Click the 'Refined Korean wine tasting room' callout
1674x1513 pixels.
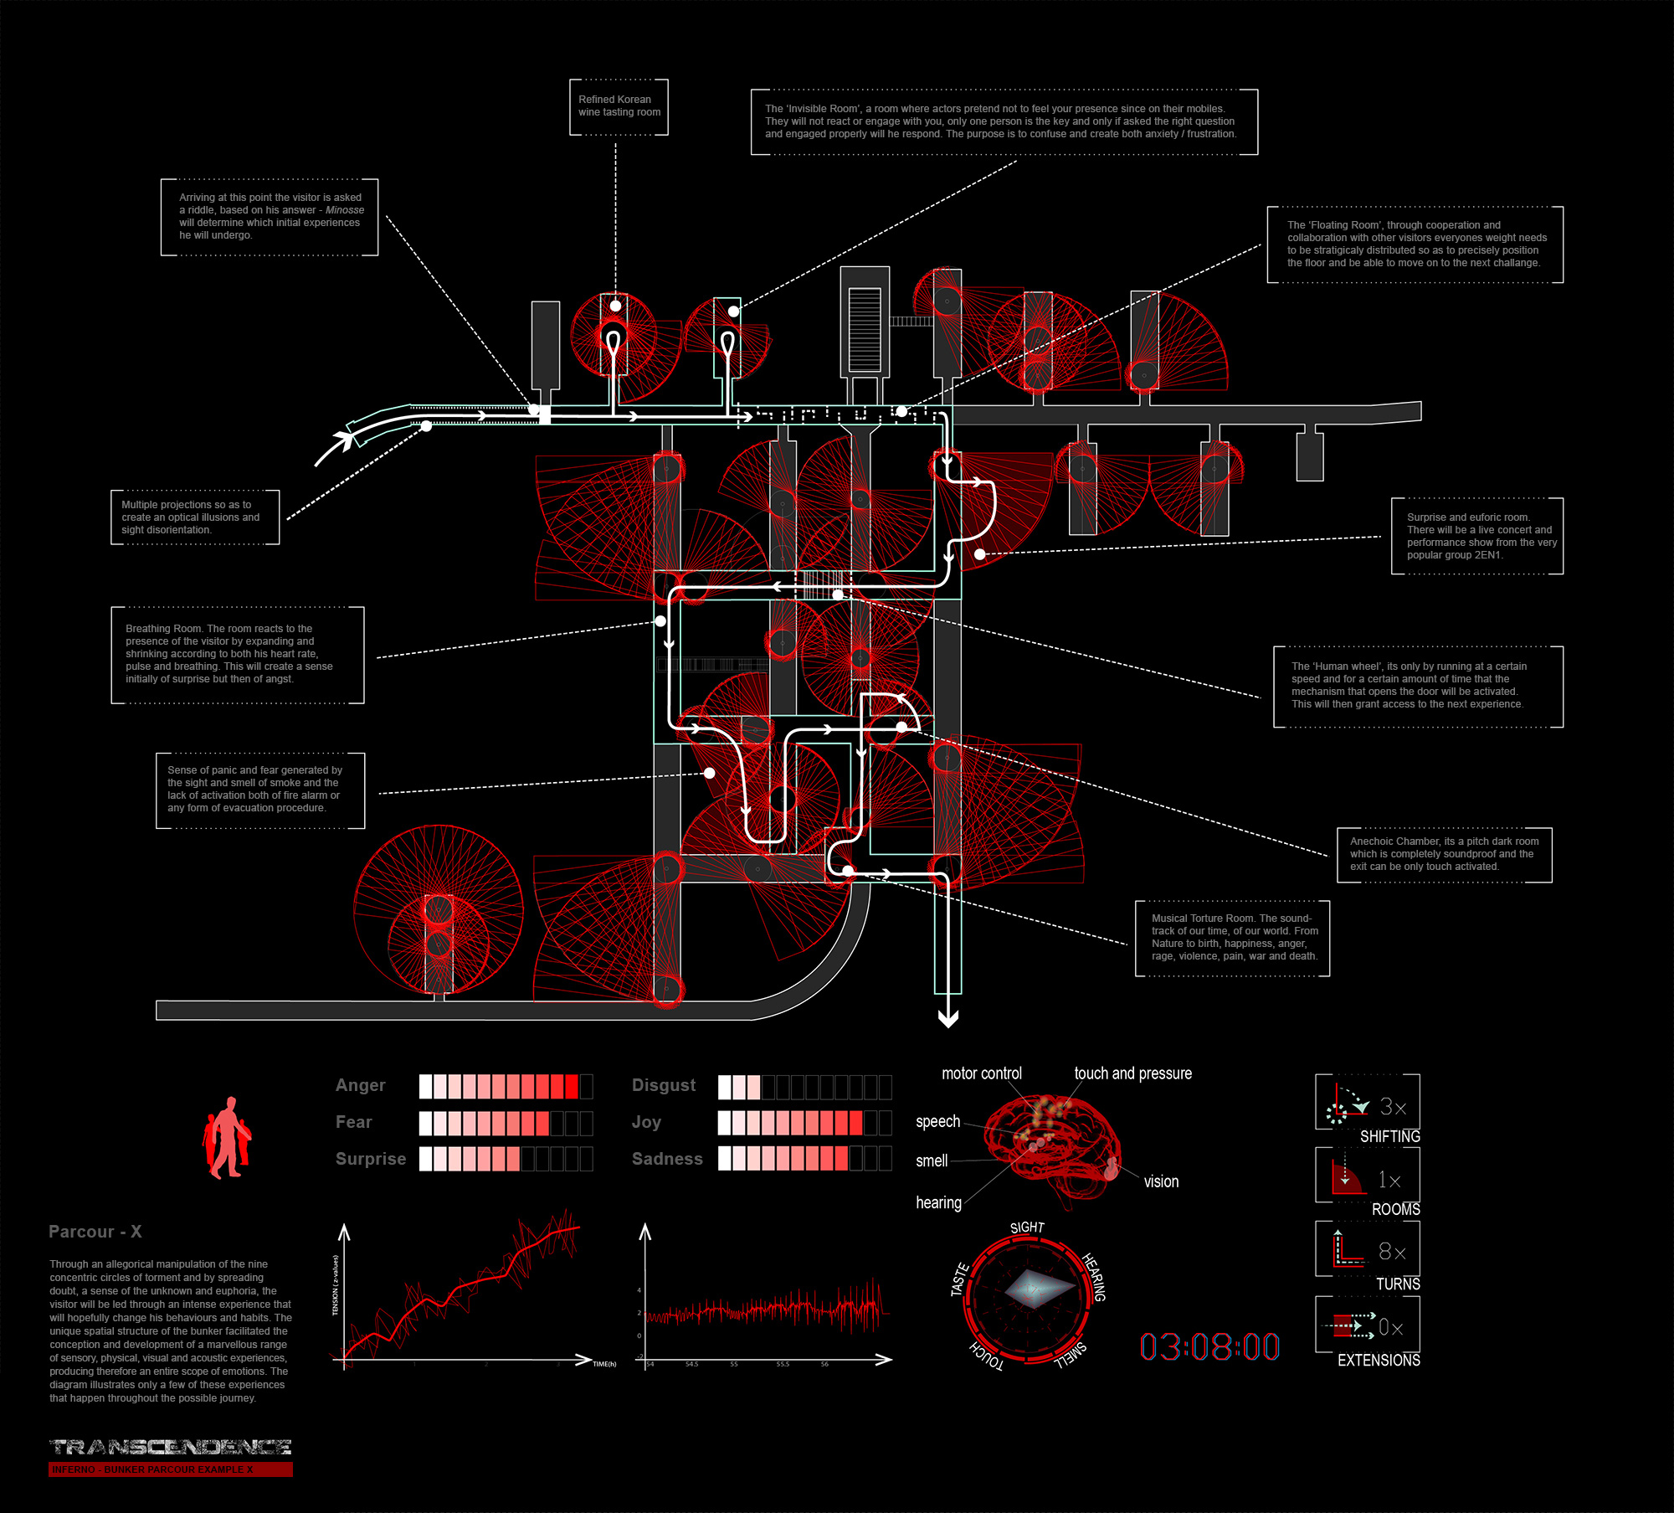point(619,106)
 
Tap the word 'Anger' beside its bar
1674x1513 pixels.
point(361,1085)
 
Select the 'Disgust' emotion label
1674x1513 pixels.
point(664,1085)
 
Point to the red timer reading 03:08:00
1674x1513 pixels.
point(1209,1346)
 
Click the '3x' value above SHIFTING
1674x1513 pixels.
point(1393,1107)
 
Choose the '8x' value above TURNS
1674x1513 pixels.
point(1392,1252)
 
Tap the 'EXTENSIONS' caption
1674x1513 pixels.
point(1379,1361)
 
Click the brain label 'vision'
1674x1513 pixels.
point(1161,1181)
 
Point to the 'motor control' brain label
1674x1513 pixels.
point(982,1073)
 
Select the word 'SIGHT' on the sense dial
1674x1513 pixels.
point(1027,1227)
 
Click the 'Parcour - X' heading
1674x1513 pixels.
point(95,1232)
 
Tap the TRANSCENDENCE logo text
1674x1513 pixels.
point(171,1447)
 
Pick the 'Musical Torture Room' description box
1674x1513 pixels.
point(1232,938)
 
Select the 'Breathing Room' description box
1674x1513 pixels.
point(238,654)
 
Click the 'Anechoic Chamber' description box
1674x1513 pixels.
point(1444,854)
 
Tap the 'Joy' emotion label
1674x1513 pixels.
point(646,1122)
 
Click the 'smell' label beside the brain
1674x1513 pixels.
point(932,1160)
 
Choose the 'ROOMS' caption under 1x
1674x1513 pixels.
point(1395,1209)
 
